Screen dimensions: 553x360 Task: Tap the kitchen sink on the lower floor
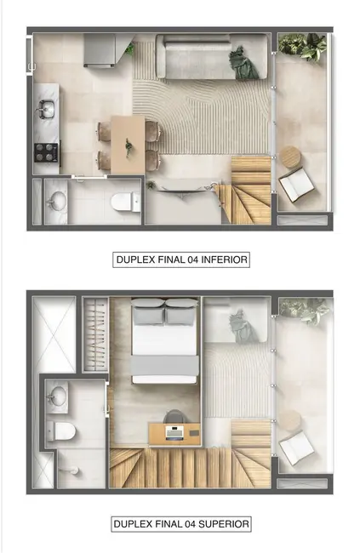[45, 109]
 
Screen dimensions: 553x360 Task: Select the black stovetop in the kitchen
[45, 152]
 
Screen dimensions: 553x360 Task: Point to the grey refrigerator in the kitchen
[101, 50]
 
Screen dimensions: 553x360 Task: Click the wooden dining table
[129, 143]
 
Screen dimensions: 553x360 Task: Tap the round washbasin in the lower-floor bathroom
[58, 201]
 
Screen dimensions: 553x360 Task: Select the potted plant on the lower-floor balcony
[303, 46]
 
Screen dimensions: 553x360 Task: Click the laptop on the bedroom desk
[174, 432]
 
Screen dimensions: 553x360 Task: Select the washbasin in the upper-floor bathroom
[59, 396]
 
